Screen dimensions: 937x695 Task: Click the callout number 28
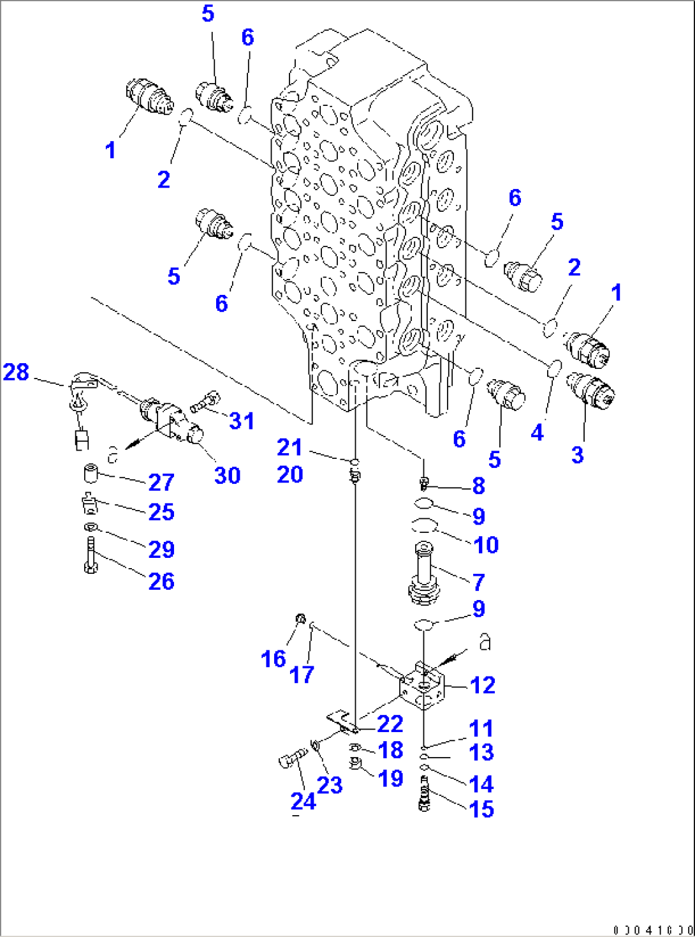[16, 372]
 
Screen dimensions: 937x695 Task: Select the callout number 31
[242, 421]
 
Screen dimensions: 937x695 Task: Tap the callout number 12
[482, 686]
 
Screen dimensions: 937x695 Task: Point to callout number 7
[478, 581]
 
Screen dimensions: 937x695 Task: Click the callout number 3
[577, 455]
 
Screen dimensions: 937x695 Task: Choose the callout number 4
[537, 433]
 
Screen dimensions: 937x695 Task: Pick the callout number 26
[161, 581]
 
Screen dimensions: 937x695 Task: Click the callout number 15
[481, 809]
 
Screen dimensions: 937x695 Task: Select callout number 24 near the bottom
[303, 800]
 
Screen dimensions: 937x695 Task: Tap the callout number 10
[486, 545]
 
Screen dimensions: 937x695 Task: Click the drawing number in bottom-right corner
[653, 930]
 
